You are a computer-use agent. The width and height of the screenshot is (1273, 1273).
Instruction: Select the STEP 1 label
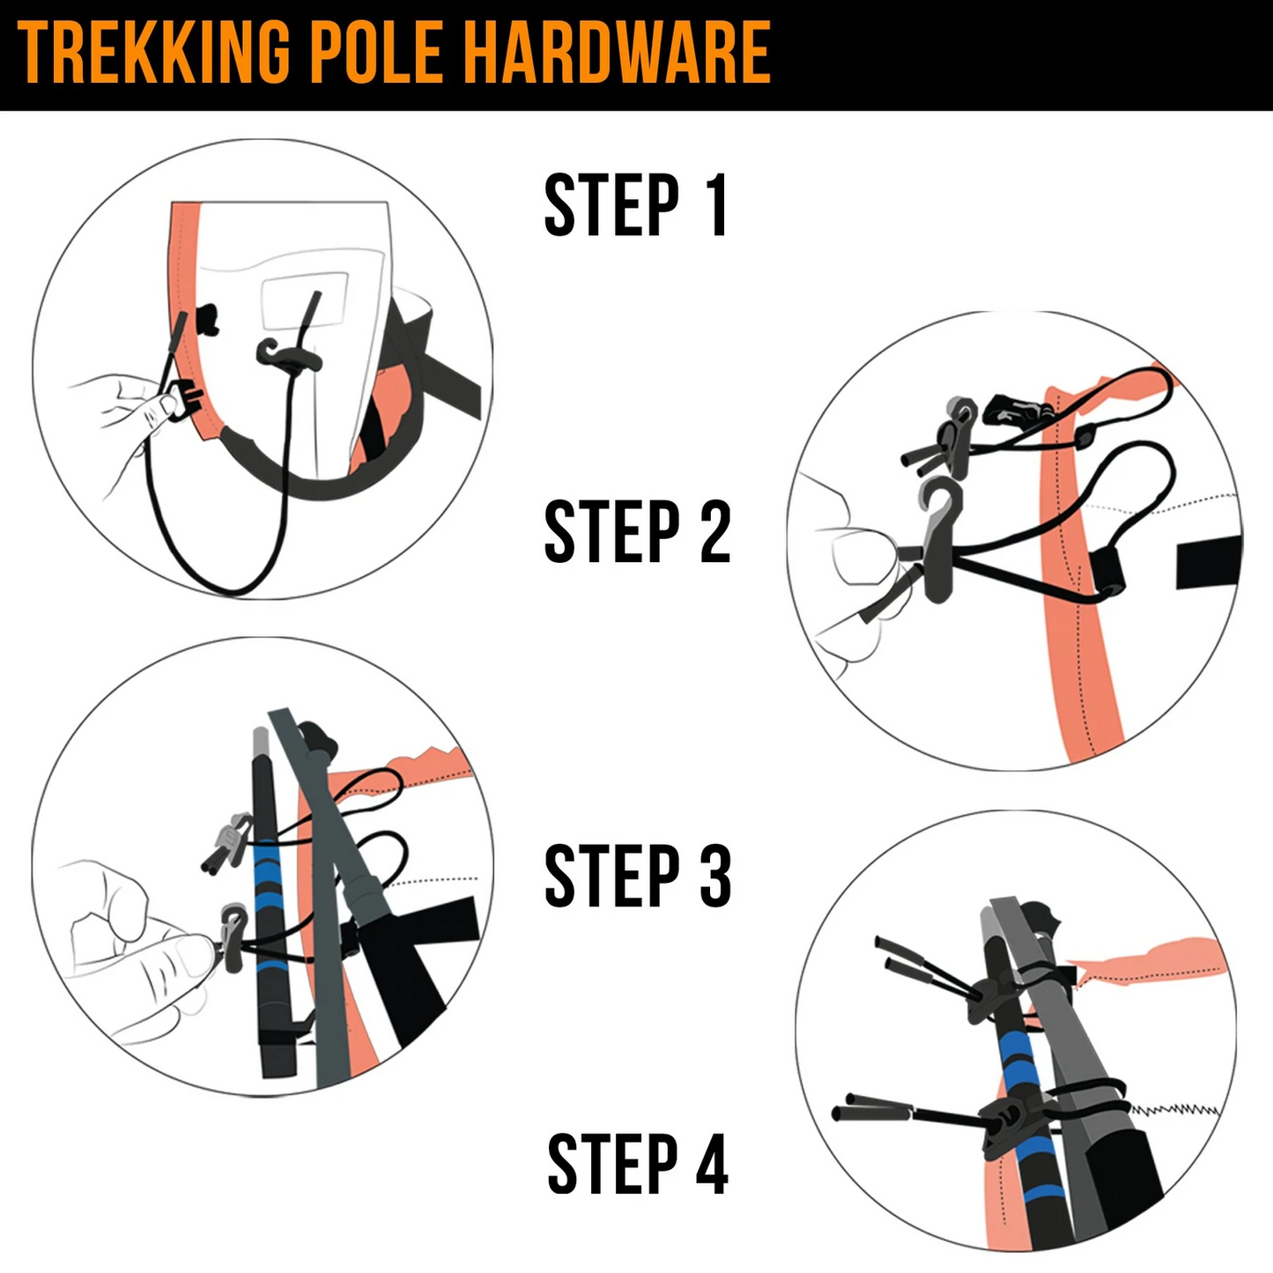coord(636,206)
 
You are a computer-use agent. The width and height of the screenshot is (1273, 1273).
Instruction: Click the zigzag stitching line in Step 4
coord(1176,1109)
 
